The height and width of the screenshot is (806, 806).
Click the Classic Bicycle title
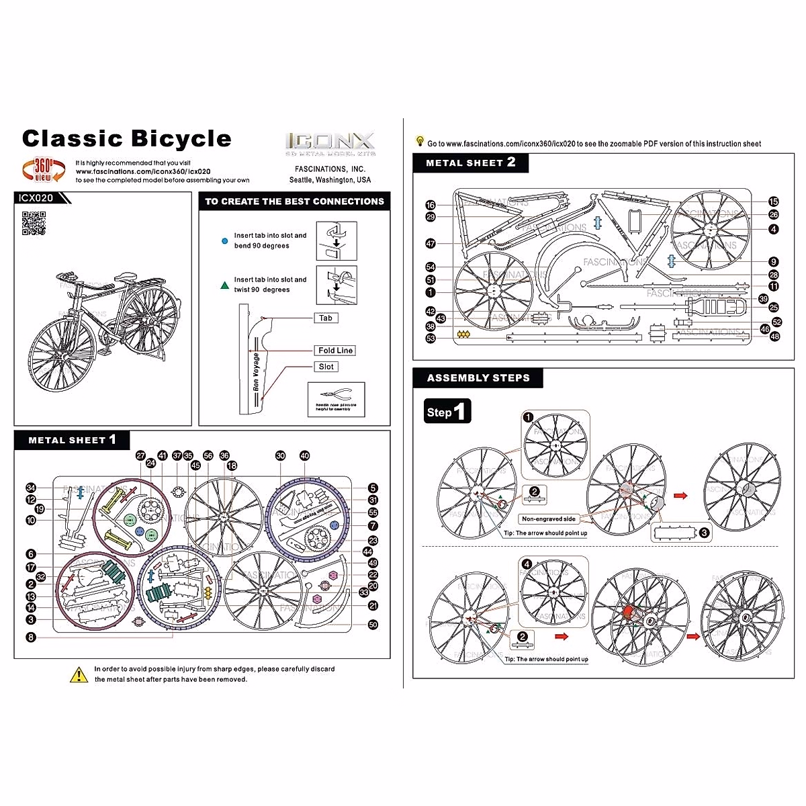tap(126, 139)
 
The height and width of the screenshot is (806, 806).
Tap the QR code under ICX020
tap(34, 223)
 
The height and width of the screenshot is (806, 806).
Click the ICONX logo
tap(330, 142)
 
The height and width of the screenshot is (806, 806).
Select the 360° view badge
tap(44, 170)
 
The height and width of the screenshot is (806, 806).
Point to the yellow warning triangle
tap(79, 674)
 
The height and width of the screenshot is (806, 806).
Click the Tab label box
tap(326, 318)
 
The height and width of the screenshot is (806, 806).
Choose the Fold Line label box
tap(335, 351)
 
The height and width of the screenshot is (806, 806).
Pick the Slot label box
tap(326, 367)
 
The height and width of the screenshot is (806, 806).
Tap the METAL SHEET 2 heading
tap(470, 163)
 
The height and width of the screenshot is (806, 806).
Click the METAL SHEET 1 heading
tap(72, 440)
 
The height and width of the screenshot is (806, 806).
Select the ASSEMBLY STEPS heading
tap(478, 378)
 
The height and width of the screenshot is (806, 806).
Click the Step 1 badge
tap(447, 411)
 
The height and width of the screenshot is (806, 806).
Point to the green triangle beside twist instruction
tap(224, 285)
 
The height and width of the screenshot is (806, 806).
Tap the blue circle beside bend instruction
tap(224, 240)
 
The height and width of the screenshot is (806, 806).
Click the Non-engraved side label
tap(549, 519)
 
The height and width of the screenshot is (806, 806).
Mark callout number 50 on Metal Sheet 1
tap(373, 625)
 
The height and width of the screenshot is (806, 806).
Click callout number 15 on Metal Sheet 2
tap(774, 201)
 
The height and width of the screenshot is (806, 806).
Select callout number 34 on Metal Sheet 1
tap(31, 488)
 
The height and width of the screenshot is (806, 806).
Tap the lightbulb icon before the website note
tap(420, 142)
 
